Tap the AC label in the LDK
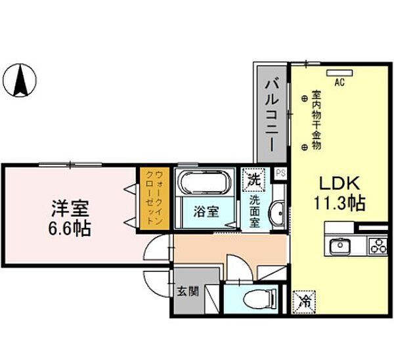click(339, 83)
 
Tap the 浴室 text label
click(206, 212)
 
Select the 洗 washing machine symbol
click(254, 177)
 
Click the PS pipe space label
click(280, 173)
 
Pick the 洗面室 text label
click(255, 211)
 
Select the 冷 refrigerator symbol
click(305, 302)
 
